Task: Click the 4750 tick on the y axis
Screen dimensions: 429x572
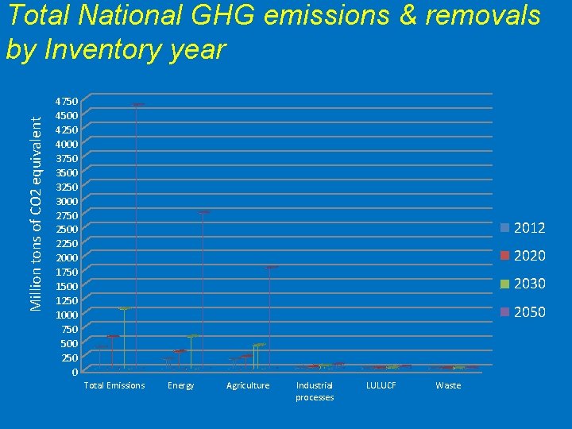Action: (67, 102)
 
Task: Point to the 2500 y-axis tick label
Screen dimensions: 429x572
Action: (67, 230)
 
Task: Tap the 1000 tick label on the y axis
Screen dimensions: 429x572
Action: (67, 315)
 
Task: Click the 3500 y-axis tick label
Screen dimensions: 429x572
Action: (67, 172)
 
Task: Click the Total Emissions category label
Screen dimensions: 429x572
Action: (114, 385)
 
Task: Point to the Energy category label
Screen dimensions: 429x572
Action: (181, 385)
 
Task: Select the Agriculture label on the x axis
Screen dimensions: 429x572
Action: (248, 385)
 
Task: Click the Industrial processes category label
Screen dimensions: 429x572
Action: (315, 391)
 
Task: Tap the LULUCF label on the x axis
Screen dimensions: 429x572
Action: (381, 385)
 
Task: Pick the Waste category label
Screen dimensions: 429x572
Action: (448, 385)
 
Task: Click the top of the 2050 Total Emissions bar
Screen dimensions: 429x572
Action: (137, 105)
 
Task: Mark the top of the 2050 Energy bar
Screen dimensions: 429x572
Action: (203, 212)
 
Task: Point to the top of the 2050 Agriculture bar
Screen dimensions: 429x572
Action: (271, 267)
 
